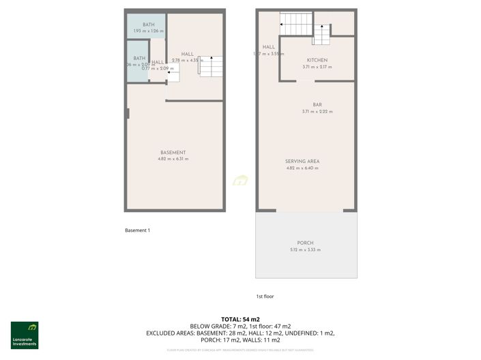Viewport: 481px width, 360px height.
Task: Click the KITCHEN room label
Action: [x=317, y=60]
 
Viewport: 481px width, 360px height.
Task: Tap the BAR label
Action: [x=317, y=104]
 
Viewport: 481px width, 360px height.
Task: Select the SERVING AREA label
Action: [x=302, y=162]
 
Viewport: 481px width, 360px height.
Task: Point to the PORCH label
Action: [x=305, y=243]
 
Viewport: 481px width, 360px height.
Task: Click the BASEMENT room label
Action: [x=173, y=152]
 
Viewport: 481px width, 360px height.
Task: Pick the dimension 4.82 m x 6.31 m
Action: [x=173, y=159]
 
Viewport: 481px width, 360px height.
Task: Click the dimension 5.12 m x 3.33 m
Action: [x=305, y=250]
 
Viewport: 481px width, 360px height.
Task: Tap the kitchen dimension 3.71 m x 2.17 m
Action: [x=317, y=67]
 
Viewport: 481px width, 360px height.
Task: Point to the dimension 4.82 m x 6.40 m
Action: [x=302, y=168]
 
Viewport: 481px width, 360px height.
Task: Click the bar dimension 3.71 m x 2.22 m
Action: [x=317, y=111]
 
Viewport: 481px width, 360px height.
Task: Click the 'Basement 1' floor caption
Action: [x=137, y=230]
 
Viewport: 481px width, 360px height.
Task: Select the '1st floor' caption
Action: [x=265, y=297]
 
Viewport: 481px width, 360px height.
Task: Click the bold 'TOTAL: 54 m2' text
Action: [x=240, y=319]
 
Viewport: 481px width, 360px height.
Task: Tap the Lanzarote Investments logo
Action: [x=25, y=334]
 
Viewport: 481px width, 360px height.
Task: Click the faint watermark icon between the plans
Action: [x=240, y=181]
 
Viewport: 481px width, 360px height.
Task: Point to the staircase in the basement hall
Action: [x=210, y=66]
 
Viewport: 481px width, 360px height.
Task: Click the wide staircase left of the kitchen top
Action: [x=295, y=25]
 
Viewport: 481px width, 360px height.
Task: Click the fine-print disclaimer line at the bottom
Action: [x=240, y=350]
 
